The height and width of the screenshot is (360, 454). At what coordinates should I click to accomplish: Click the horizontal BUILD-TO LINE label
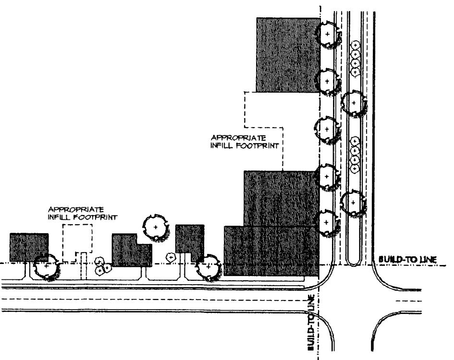(407, 259)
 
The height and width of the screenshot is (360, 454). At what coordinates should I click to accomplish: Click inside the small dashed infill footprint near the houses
(77, 242)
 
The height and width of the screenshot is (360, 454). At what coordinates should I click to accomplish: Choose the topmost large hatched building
(287, 54)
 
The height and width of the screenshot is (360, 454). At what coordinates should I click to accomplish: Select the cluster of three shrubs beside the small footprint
(102, 265)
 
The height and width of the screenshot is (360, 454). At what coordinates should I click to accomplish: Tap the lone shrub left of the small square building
(170, 257)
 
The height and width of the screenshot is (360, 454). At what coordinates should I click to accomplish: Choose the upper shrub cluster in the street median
(355, 59)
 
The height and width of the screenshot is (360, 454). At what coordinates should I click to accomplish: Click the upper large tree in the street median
(354, 103)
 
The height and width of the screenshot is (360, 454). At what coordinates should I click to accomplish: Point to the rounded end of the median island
(354, 261)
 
